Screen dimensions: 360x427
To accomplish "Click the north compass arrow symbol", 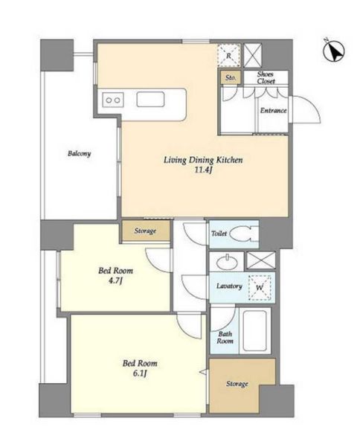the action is click(334, 51).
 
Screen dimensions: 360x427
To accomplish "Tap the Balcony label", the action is click(80, 153).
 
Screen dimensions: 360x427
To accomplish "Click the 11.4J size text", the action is click(203, 170).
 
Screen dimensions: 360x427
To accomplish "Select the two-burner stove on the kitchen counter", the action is click(113, 100).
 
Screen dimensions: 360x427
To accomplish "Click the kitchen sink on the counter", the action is click(150, 100).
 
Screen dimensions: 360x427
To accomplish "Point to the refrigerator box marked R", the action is click(229, 56).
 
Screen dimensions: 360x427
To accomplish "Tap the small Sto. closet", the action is click(231, 77).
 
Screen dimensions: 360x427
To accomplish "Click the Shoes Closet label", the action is click(266, 77).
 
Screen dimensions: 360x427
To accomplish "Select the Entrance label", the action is click(273, 111).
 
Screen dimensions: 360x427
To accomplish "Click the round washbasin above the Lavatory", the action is click(227, 262).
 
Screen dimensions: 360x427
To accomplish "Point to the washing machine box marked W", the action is click(260, 288).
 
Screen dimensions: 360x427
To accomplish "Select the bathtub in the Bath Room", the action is click(255, 330).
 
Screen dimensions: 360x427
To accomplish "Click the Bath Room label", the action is click(225, 338).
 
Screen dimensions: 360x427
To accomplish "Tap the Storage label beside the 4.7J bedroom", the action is click(145, 231).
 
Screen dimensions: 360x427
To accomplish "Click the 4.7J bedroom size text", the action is click(115, 280).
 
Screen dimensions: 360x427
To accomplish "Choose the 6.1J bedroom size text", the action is click(140, 373).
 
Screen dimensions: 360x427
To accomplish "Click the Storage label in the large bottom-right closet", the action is click(237, 384).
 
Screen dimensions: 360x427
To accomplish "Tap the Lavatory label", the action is click(229, 286).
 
